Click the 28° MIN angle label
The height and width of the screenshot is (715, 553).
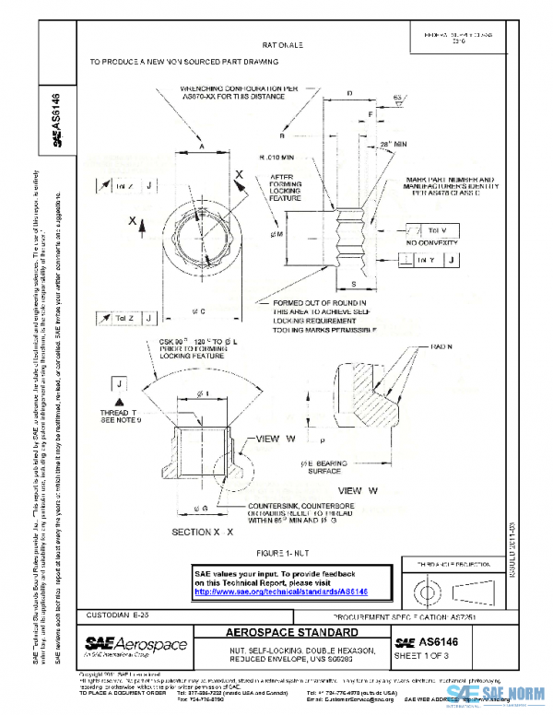point(394,144)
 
